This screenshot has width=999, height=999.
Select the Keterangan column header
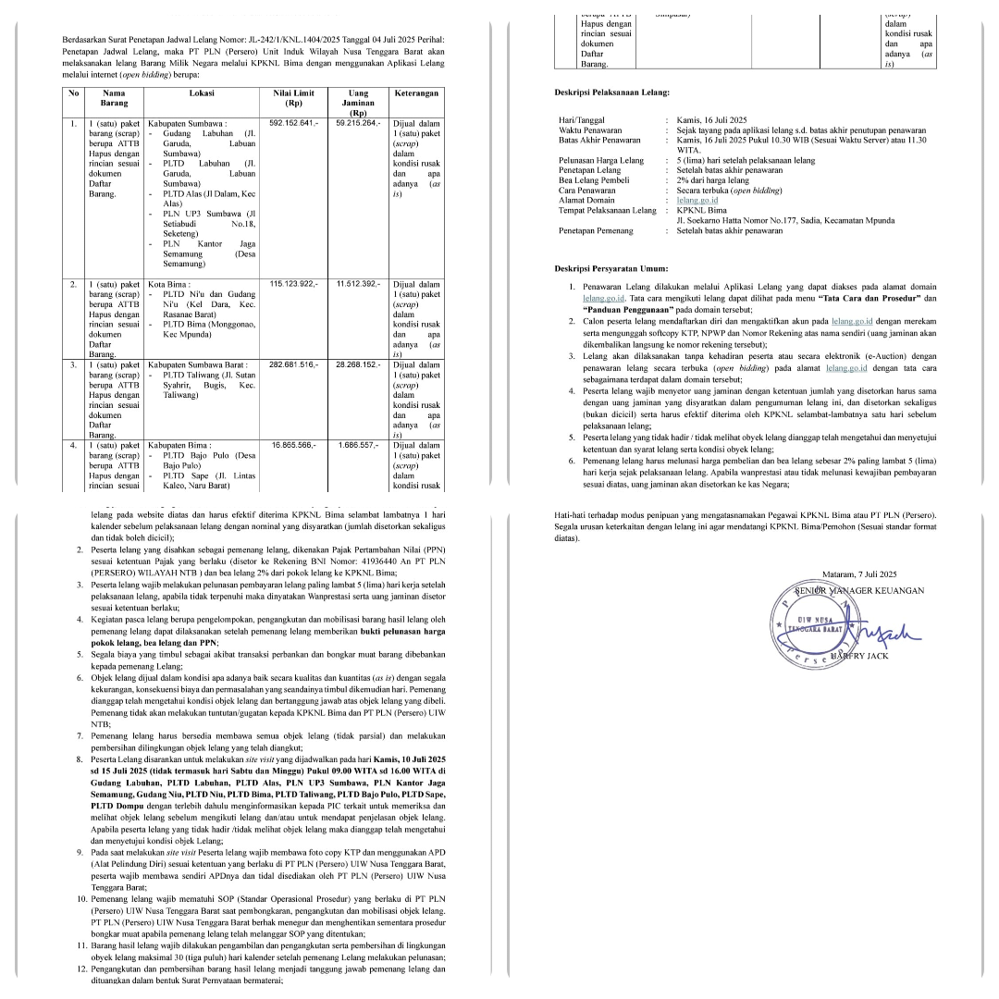point(416,93)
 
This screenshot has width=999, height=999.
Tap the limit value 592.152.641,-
point(293,122)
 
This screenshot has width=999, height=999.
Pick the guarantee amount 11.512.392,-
point(358,283)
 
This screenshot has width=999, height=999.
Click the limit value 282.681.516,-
point(293,364)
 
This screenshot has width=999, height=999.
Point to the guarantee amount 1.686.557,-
point(358,445)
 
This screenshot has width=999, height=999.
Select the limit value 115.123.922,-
point(293,283)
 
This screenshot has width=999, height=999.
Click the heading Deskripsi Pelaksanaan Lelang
point(611,92)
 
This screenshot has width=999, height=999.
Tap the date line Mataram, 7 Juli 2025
point(860,573)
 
